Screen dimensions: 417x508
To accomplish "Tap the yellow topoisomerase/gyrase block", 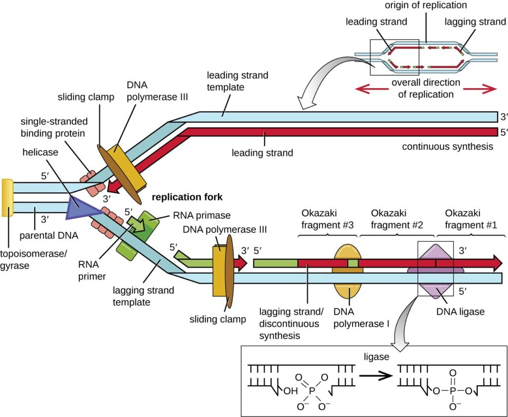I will [7, 198].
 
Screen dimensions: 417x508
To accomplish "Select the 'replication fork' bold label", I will [188, 197].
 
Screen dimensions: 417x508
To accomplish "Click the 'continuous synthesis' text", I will [447, 146].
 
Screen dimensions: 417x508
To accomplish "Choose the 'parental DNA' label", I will [49, 235].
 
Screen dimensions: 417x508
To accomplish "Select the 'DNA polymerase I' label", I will [361, 318].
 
